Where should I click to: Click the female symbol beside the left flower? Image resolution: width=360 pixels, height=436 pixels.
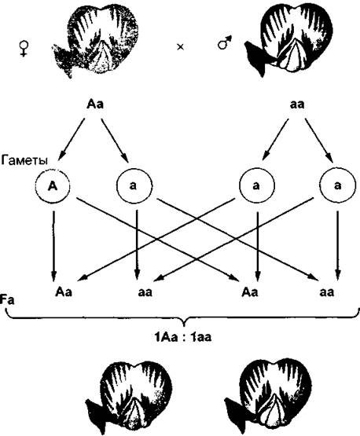point(24,49)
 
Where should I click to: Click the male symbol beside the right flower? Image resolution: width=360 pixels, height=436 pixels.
point(225,42)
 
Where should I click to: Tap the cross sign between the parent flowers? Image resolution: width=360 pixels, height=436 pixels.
point(181,47)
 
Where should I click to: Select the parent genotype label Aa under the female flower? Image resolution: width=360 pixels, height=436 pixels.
point(95,104)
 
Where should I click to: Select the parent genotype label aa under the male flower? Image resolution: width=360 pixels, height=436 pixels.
point(297,104)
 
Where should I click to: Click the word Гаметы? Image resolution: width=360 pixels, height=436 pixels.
point(24,161)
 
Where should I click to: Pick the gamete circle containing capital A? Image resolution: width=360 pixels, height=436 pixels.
point(53,185)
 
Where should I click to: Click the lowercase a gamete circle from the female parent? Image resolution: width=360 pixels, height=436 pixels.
point(134,185)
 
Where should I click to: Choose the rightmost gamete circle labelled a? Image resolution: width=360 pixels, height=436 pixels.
point(337,185)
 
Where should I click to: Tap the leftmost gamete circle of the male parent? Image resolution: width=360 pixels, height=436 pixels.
point(257,185)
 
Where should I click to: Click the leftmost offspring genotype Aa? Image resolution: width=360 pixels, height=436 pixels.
point(64,292)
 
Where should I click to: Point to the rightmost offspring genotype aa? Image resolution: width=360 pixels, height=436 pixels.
point(327,292)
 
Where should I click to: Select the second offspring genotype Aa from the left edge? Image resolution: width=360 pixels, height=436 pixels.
point(250,292)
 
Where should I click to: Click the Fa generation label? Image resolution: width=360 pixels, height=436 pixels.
point(8,301)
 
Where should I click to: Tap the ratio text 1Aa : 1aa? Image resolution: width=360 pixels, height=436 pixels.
point(183,338)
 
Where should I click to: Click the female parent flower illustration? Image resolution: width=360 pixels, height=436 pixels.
point(95,41)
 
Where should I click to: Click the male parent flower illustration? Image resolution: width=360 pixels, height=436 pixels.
point(288,40)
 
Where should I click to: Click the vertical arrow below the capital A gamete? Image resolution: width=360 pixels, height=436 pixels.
point(53,246)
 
